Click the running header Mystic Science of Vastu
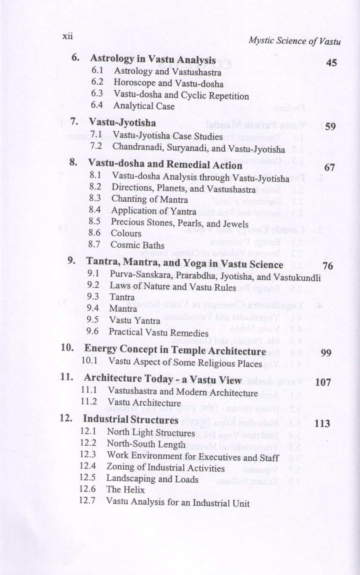(294, 41)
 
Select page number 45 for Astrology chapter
(331, 63)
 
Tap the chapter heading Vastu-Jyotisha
(122, 123)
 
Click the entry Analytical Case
(144, 107)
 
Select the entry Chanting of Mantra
(149, 199)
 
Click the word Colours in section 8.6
(126, 233)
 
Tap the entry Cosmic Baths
(137, 245)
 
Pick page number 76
(327, 266)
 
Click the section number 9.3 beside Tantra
(93, 297)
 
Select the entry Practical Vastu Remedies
(159, 332)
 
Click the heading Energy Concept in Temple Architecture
(175, 350)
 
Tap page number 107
(323, 382)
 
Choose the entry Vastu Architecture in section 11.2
(144, 403)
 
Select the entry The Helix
(125, 490)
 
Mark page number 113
(322, 424)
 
